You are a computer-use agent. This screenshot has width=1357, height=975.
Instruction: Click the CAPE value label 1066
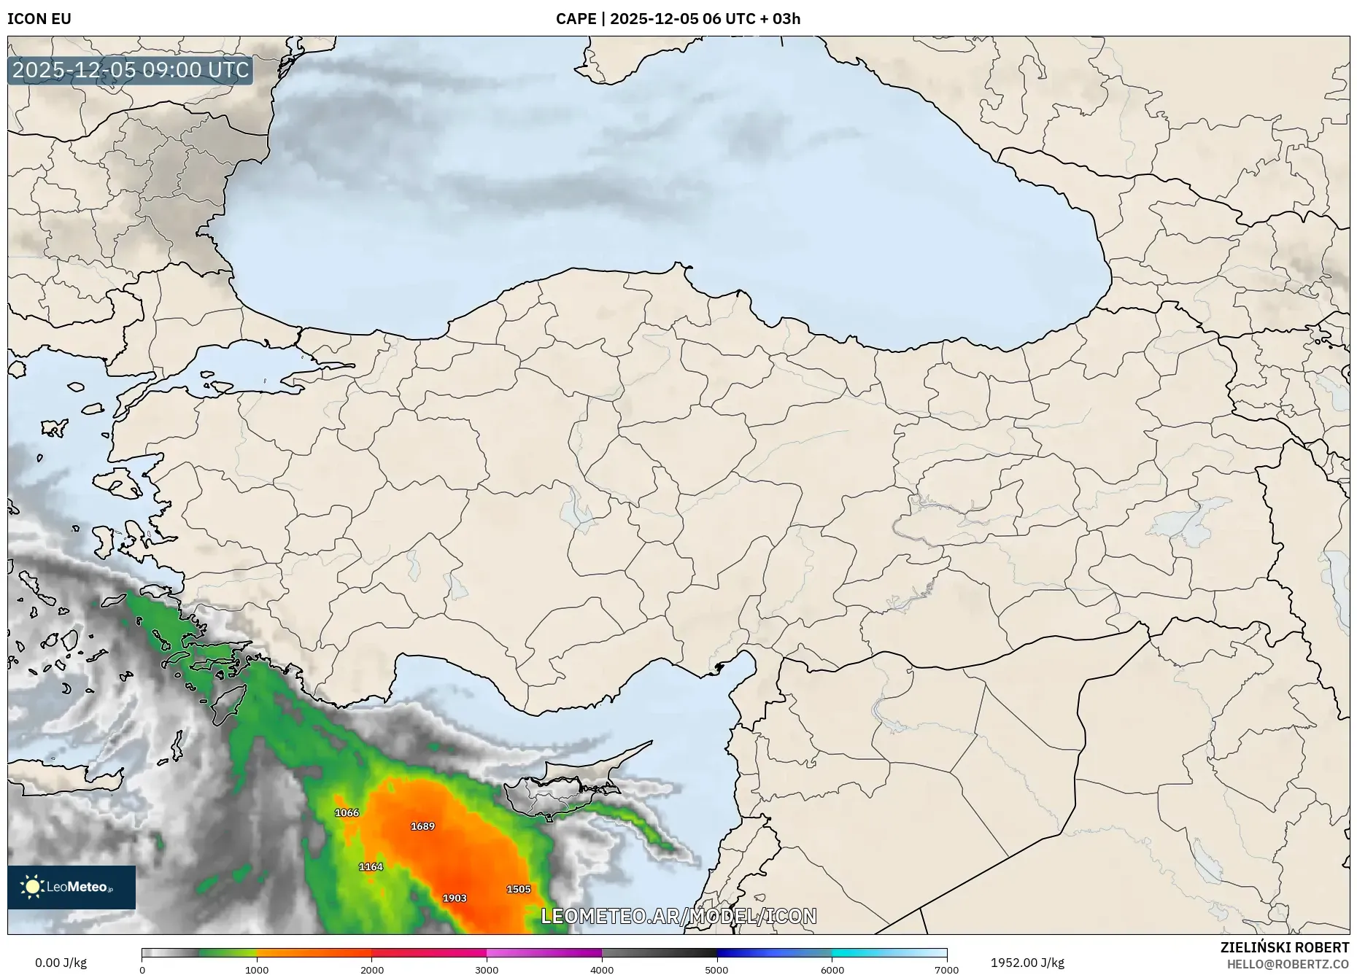tap(347, 812)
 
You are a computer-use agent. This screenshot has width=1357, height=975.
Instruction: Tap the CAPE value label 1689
tap(422, 826)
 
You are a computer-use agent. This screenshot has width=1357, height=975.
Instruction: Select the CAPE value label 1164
tap(371, 866)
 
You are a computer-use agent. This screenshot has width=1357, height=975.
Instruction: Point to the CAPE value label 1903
tap(455, 898)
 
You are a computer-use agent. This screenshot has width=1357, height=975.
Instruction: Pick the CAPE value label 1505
tap(519, 889)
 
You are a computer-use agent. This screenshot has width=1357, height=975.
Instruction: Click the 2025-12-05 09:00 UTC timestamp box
tap(131, 70)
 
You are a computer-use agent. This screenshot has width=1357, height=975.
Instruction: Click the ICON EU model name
tap(39, 18)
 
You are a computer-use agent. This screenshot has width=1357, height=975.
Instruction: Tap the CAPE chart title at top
tap(678, 18)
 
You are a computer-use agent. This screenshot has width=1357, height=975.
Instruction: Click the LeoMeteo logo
tap(71, 887)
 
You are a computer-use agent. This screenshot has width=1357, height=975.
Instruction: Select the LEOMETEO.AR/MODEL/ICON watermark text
tap(678, 916)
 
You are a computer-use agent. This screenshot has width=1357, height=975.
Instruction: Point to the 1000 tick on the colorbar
tap(257, 970)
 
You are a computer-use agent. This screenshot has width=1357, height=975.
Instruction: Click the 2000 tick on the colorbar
tap(372, 970)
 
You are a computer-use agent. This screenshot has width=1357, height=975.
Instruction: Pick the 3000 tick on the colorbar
tap(487, 970)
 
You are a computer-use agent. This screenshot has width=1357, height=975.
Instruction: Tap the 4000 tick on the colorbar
tap(602, 970)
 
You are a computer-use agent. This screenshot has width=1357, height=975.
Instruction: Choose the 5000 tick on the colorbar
tap(716, 970)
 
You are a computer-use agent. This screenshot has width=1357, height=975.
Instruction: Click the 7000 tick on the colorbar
tap(946, 970)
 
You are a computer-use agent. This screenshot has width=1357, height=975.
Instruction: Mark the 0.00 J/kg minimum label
tap(61, 963)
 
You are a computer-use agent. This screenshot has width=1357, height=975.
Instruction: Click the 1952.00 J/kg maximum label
tap(1027, 963)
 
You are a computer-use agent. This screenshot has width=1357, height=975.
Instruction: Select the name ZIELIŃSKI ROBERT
tap(1284, 947)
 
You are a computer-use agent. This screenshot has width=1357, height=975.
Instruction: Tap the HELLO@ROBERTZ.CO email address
tap(1288, 964)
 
